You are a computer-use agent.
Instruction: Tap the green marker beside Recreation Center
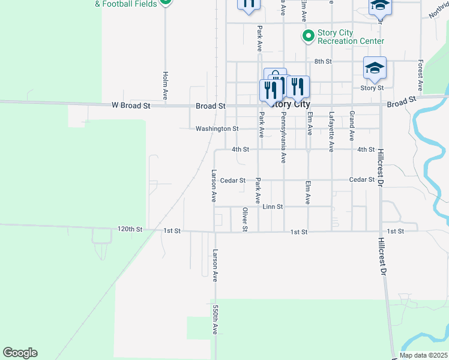tap(309, 37)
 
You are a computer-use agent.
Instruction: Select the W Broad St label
tap(130, 106)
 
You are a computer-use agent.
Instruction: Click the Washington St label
tap(217, 128)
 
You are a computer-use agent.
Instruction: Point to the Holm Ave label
tap(165, 86)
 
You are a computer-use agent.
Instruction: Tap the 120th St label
tap(130, 229)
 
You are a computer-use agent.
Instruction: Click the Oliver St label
tap(245, 219)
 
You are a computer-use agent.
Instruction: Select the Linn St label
tap(273, 206)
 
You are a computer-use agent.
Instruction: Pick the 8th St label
tap(323, 61)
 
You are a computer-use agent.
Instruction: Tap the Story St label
tap(372, 88)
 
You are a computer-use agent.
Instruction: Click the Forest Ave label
tap(421, 71)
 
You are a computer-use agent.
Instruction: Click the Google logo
tap(20, 353)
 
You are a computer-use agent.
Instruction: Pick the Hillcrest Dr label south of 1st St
tap(381, 257)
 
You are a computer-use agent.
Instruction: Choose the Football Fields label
tap(129, 4)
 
